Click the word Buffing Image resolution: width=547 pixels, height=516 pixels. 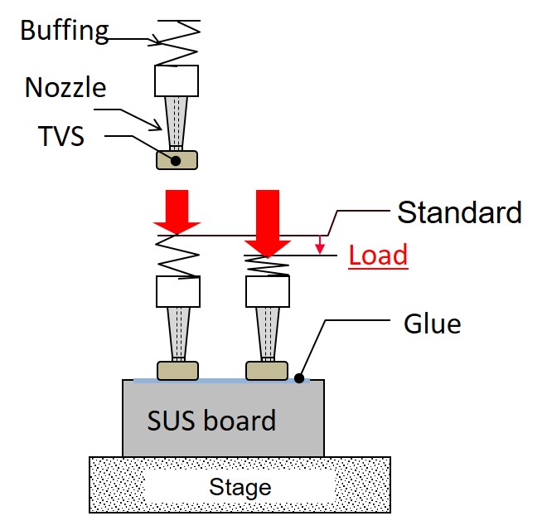tap(65, 32)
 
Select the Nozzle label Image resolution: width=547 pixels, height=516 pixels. tap(65, 87)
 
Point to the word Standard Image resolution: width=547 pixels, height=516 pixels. tap(459, 212)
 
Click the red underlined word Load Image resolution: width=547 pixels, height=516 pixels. tap(378, 255)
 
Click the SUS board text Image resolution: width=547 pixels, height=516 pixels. tap(211, 421)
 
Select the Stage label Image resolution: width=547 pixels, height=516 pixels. tap(240, 486)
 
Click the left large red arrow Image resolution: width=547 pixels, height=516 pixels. tap(177, 212)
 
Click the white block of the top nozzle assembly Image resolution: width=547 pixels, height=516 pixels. tap(177, 80)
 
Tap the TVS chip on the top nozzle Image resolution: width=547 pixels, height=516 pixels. tap(177, 160)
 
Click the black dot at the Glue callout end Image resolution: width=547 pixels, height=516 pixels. tap(298, 378)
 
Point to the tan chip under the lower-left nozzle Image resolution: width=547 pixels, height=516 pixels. tap(177, 370)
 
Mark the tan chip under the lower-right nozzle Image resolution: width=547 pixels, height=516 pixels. tap(267, 370)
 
